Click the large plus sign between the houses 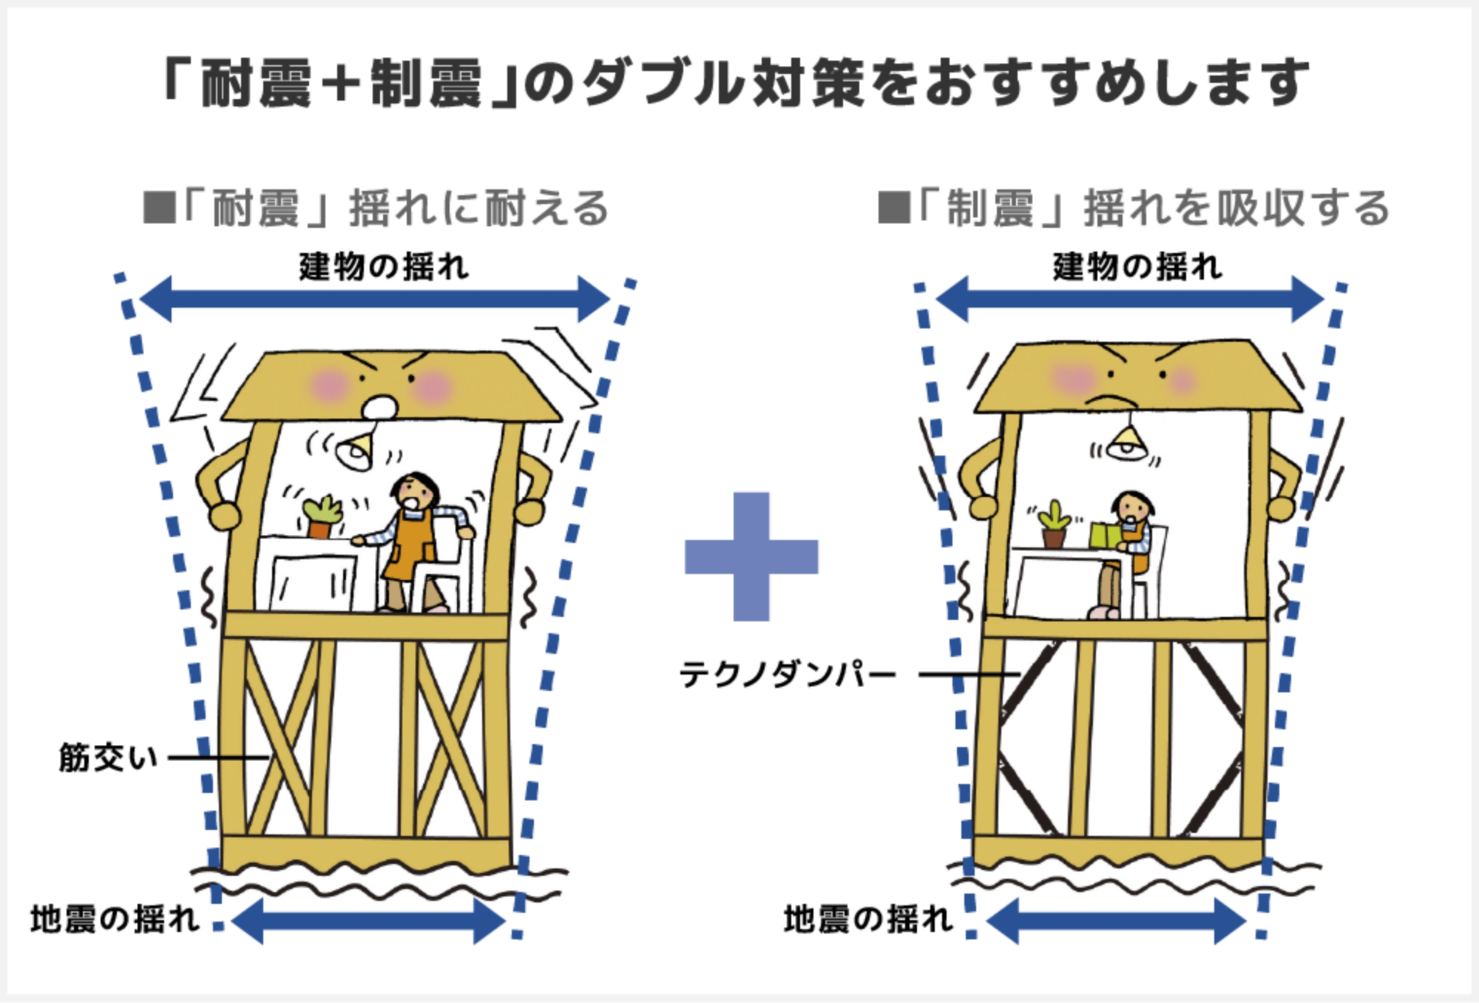point(751,556)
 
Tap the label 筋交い point(109,757)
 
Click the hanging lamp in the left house point(355,452)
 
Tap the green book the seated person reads point(1106,534)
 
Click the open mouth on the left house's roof point(380,406)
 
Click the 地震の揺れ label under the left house point(115,919)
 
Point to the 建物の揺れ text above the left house point(384,267)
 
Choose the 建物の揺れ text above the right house point(1137,267)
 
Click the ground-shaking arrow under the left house point(368,922)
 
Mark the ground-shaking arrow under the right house point(1117,922)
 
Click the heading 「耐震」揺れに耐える point(377,209)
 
